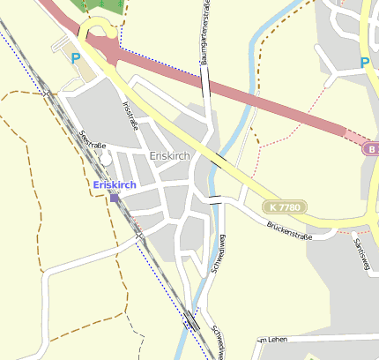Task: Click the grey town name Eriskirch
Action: point(170,156)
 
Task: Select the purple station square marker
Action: point(115,198)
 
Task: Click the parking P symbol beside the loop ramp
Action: point(76,58)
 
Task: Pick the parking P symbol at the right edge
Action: point(365,63)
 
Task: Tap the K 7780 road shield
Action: point(286,206)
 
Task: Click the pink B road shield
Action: point(371,149)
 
